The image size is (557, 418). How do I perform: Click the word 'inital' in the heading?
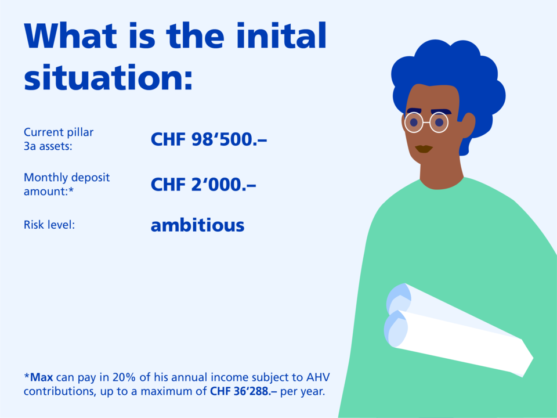click(281, 35)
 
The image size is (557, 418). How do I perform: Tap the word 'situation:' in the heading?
click(108, 77)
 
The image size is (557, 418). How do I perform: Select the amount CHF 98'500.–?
click(208, 139)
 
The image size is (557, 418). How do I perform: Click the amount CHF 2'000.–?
click(203, 185)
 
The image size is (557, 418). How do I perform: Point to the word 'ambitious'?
click(197, 225)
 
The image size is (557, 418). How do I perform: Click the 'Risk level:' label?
click(49, 225)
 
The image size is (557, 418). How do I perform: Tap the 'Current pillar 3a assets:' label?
click(59, 139)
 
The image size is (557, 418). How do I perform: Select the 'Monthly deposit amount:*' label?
click(67, 184)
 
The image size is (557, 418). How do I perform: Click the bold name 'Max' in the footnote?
click(42, 377)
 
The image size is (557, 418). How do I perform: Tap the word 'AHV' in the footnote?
click(318, 377)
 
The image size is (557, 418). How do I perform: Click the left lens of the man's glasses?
click(414, 122)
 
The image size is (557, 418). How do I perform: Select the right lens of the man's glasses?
click(439, 122)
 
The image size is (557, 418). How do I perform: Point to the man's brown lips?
click(424, 149)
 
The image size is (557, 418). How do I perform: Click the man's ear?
click(468, 125)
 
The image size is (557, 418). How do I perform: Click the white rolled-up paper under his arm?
click(458, 330)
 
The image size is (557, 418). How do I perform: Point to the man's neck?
click(442, 172)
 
